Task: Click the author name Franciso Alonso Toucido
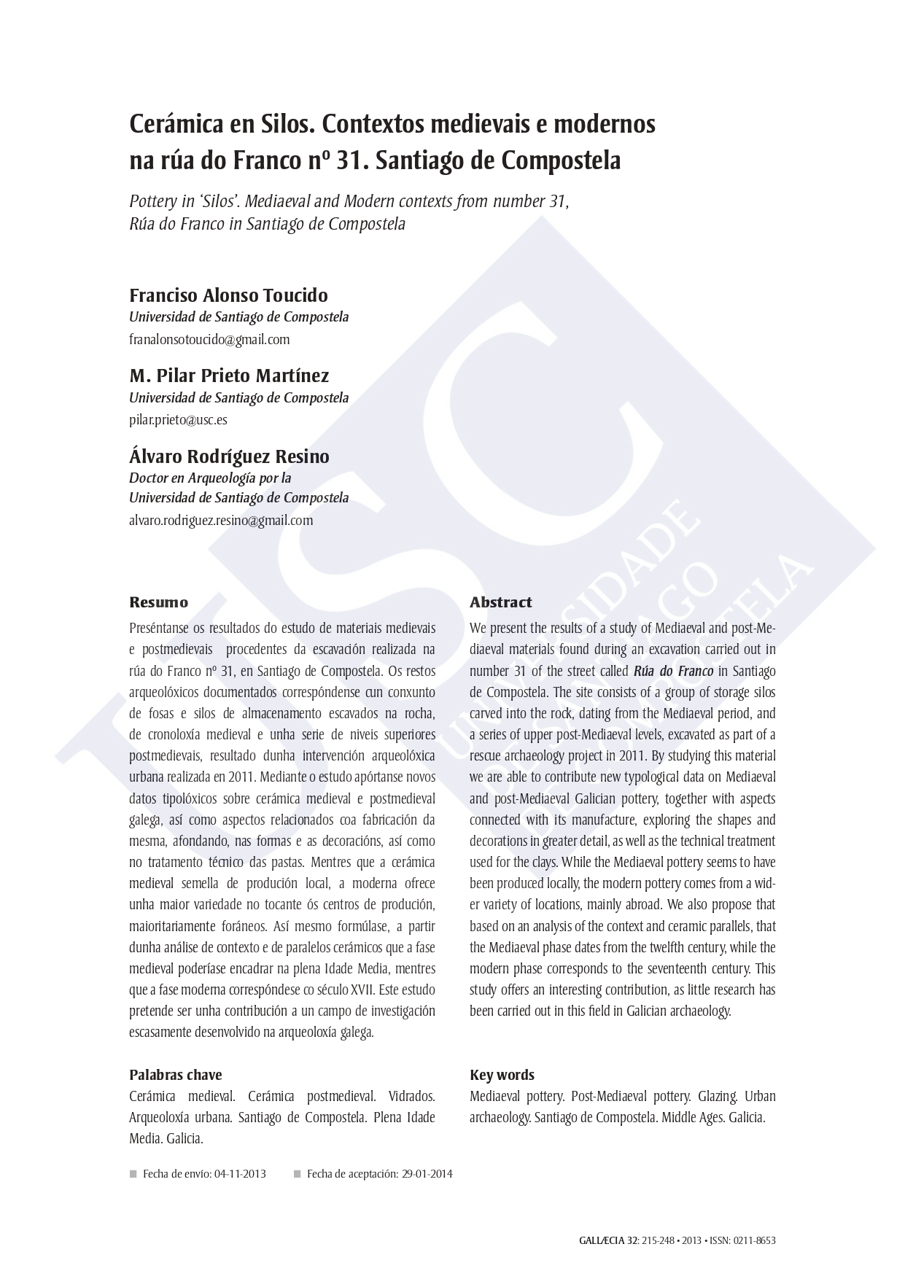point(228,295)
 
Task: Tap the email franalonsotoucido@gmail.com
point(209,339)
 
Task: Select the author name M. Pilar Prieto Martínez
point(229,376)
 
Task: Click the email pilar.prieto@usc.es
point(178,420)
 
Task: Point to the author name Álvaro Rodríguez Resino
point(229,456)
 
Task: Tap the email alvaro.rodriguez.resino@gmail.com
point(221,520)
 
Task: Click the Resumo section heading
point(158,602)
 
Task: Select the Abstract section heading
point(500,602)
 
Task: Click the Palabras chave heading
point(175,1075)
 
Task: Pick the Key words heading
point(502,1075)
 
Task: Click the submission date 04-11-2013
point(240,1174)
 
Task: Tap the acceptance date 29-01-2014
point(427,1174)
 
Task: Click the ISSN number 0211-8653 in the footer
point(755,1240)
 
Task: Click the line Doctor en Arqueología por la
point(210,478)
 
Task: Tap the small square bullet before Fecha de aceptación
point(297,1174)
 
